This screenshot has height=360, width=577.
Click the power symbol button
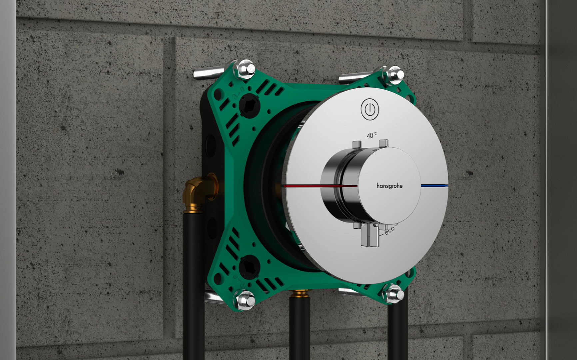click(370, 109)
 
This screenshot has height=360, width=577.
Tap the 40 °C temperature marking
click(372, 135)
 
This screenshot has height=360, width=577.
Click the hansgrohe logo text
click(389, 186)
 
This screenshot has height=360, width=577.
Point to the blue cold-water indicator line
click(434, 185)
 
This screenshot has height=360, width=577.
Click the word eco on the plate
click(389, 230)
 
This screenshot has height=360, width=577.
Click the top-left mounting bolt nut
click(246, 69)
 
